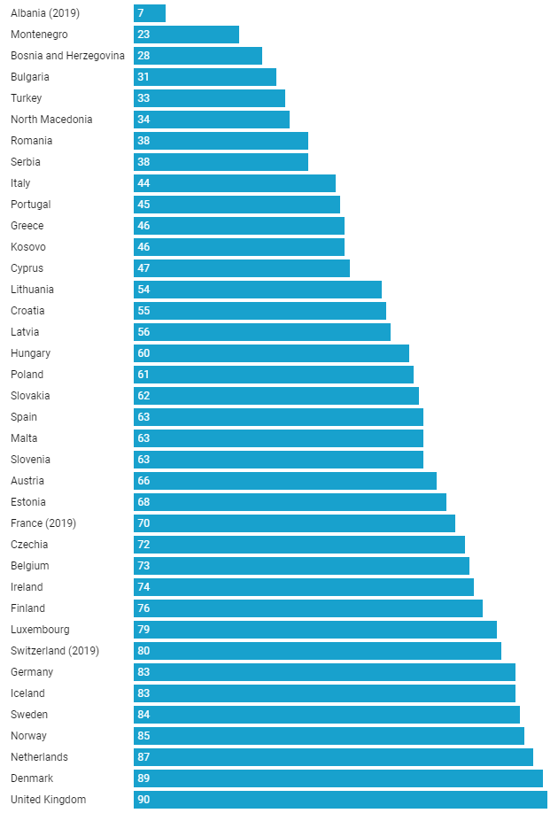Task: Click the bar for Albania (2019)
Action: pyautogui.click(x=150, y=13)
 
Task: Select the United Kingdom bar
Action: pyautogui.click(x=340, y=800)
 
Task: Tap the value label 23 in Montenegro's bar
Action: pyautogui.click(x=143, y=35)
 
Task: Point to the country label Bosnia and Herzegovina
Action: pyautogui.click(x=67, y=56)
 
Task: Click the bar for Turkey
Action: pyautogui.click(x=209, y=98)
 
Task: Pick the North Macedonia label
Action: pyautogui.click(x=51, y=120)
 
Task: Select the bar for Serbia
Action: pyautogui.click(x=221, y=162)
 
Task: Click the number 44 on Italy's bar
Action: pyautogui.click(x=143, y=183)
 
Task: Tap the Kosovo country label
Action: pyautogui.click(x=28, y=247)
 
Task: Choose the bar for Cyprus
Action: pyautogui.click(x=242, y=268)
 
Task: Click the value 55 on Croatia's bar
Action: pyautogui.click(x=143, y=311)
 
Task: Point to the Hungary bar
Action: pyautogui.click(x=271, y=353)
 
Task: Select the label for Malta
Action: pyautogui.click(x=24, y=438)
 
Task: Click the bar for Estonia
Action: pyautogui.click(x=290, y=502)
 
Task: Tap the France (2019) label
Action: pyautogui.click(x=43, y=523)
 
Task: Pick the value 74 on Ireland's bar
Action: pyautogui.click(x=143, y=587)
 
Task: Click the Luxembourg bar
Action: pyautogui.click(x=315, y=630)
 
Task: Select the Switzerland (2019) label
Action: pyautogui.click(x=55, y=651)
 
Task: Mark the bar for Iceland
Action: pyautogui.click(x=324, y=693)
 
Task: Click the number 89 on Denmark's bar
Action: pyautogui.click(x=143, y=778)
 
